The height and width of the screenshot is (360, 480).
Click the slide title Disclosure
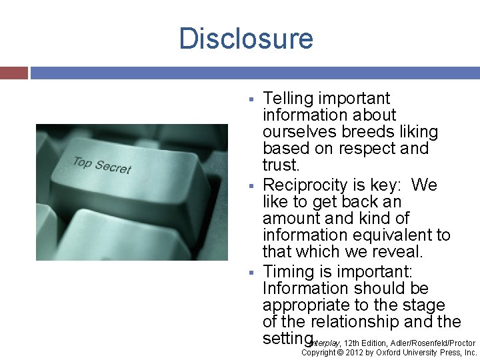click(x=246, y=38)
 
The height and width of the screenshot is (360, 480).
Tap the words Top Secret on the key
click(x=101, y=165)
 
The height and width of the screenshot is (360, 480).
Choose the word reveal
click(x=397, y=252)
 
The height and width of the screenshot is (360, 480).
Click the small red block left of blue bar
click(x=13, y=72)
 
